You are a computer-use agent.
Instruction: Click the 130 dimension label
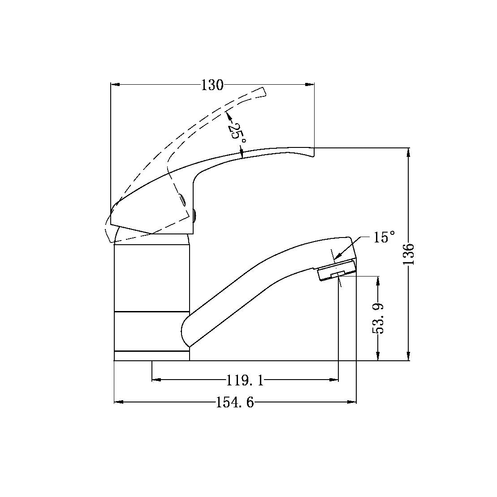[x=212, y=85]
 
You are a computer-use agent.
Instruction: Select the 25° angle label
[x=236, y=133]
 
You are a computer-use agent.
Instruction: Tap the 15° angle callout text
[x=384, y=238]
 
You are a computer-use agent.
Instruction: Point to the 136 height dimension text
[x=409, y=254]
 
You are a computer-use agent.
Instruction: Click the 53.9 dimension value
[x=379, y=318]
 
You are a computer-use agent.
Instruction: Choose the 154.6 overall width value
[x=235, y=403]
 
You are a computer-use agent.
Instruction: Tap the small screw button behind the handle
[x=194, y=216]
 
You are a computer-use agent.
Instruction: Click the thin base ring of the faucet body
[x=151, y=356]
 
